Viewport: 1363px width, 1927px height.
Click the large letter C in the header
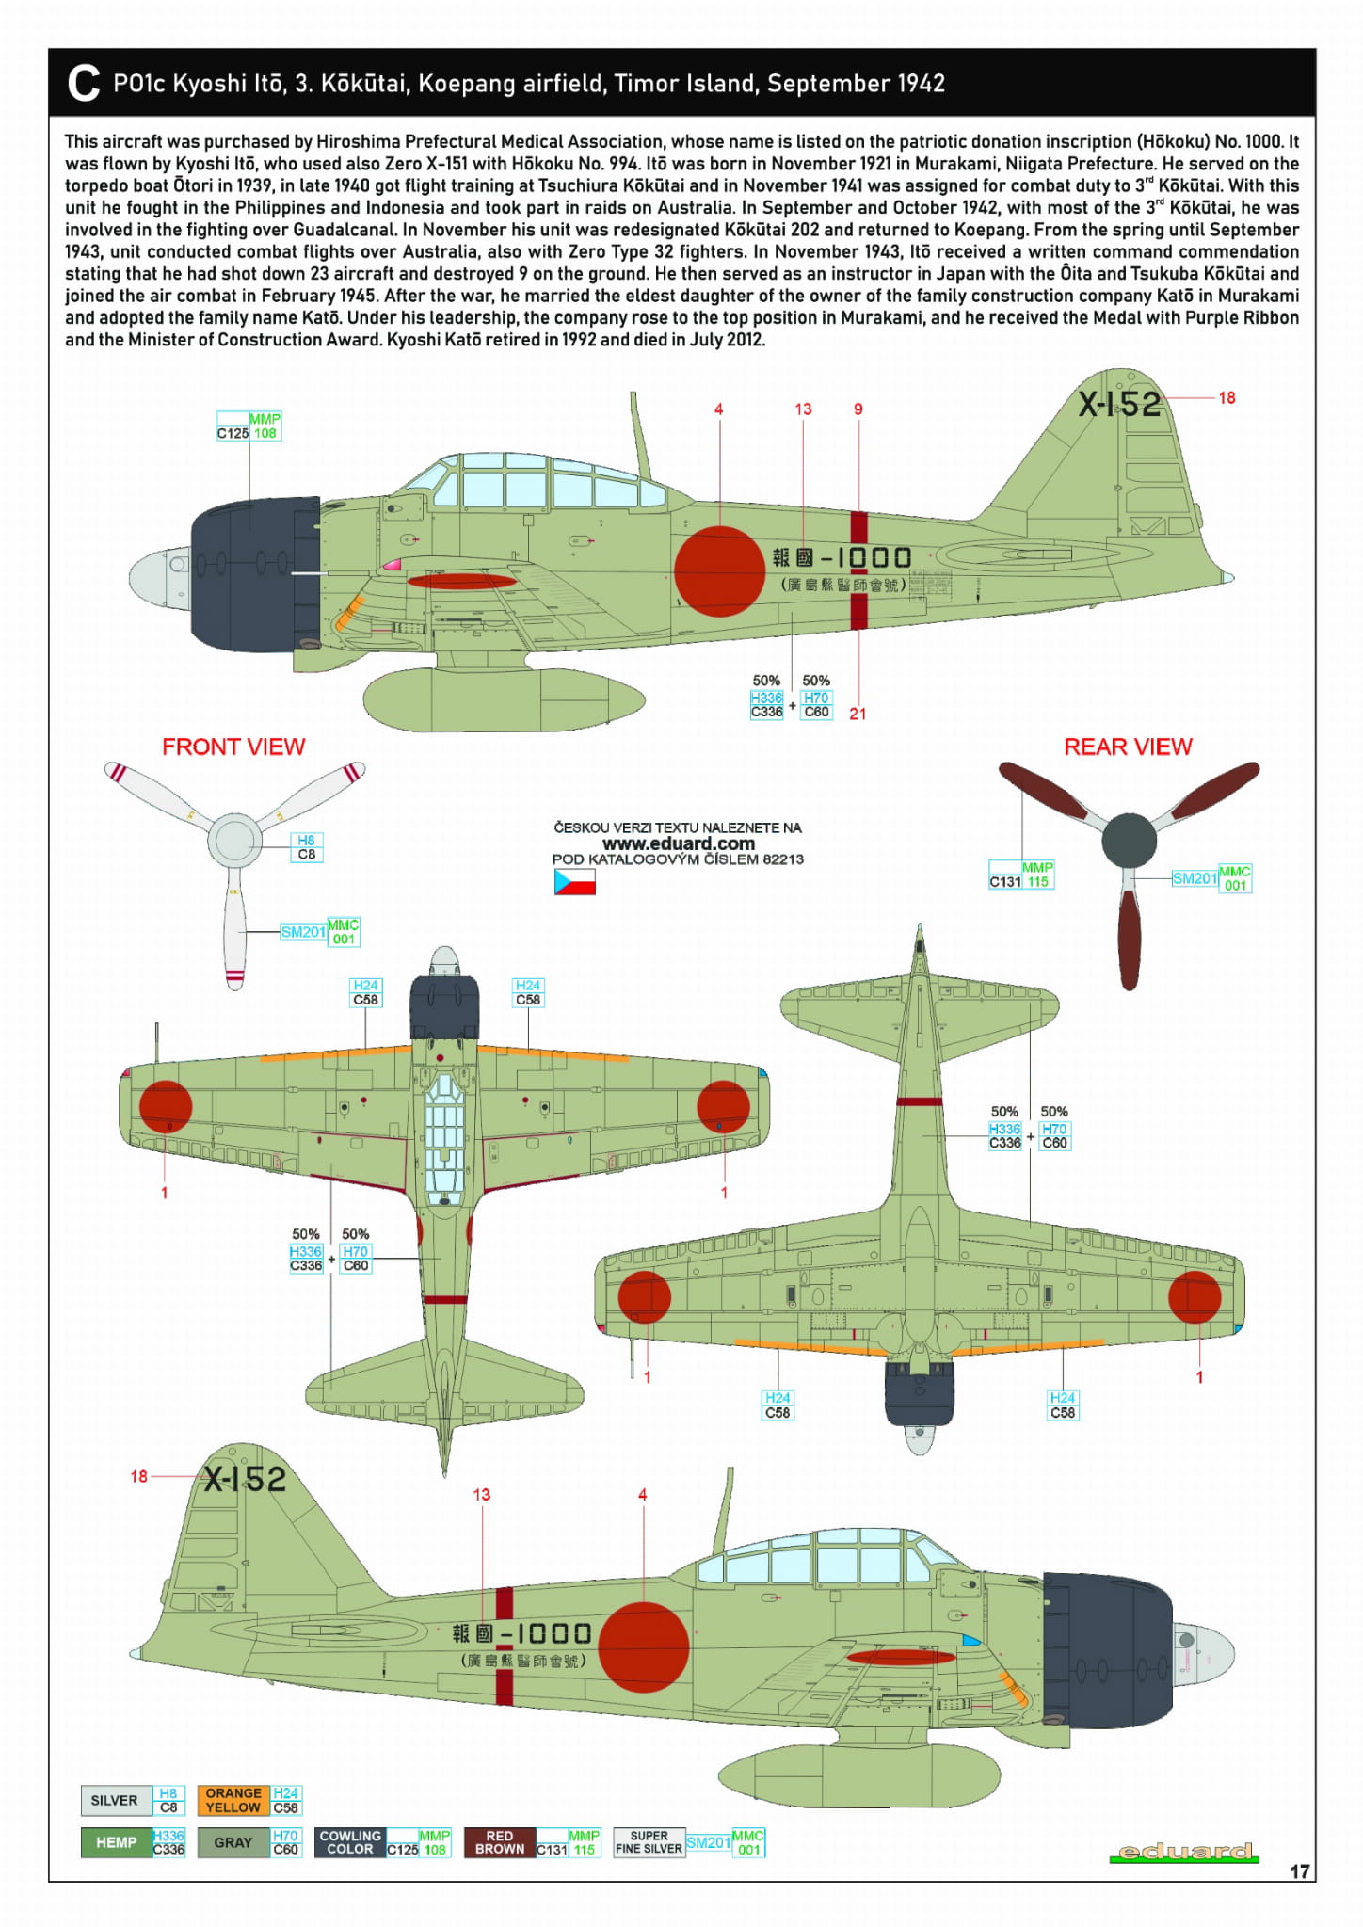(84, 83)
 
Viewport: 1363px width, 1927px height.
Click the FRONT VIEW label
(233, 747)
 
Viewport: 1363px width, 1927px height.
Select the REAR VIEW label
(1128, 747)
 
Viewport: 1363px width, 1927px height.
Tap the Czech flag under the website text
(574, 882)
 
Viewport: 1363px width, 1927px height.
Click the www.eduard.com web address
(678, 843)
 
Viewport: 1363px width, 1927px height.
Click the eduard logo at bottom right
(1184, 1852)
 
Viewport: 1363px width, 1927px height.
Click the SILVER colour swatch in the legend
(114, 1800)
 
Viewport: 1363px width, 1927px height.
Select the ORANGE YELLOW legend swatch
(233, 1800)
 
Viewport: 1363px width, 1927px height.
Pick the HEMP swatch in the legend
(116, 1842)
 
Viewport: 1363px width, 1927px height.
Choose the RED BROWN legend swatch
(499, 1842)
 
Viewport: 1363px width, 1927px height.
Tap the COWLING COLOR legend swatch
(350, 1842)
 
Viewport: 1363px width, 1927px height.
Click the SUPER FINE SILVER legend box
(649, 1842)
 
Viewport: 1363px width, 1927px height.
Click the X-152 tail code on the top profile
(1119, 404)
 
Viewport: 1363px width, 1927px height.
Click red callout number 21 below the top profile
(858, 714)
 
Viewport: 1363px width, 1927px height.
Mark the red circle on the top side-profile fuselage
(719, 570)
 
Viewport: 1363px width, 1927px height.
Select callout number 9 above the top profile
(858, 409)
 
